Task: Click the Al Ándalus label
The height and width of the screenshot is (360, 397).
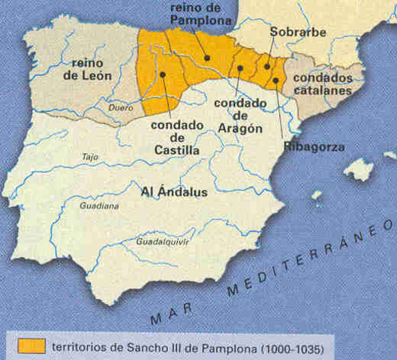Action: (x=173, y=191)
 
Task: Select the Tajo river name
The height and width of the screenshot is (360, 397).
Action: (x=90, y=157)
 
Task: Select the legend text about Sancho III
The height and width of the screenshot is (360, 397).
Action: (x=188, y=346)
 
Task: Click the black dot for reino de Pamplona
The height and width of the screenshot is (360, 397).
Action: (x=206, y=57)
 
